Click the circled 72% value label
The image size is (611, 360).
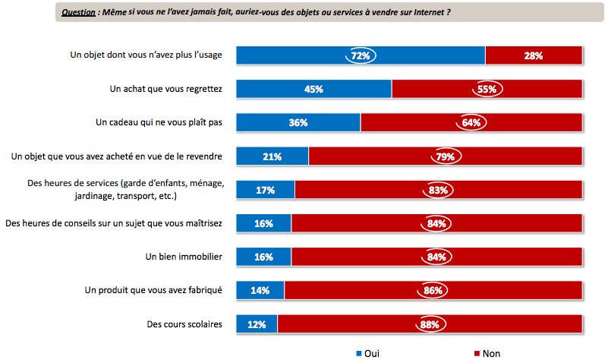[361, 55]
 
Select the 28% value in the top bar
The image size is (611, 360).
[533, 55]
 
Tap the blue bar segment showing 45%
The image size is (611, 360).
[313, 89]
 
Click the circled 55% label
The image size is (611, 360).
[487, 89]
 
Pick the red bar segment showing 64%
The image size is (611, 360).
[471, 122]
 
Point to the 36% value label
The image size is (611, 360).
[298, 122]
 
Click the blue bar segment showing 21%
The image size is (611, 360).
[272, 156]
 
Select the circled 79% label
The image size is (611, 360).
[445, 156]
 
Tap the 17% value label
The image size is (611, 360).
[265, 190]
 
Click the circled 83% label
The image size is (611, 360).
[438, 190]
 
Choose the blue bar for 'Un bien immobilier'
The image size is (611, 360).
[263, 257]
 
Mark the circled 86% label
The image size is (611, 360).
[433, 290]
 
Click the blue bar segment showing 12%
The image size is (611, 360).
[257, 324]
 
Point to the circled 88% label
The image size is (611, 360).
[430, 324]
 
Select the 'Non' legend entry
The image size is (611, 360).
[490, 353]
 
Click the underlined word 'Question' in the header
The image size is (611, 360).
[78, 12]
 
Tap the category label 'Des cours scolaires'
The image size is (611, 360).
[184, 324]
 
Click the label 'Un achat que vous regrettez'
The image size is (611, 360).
[165, 89]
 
